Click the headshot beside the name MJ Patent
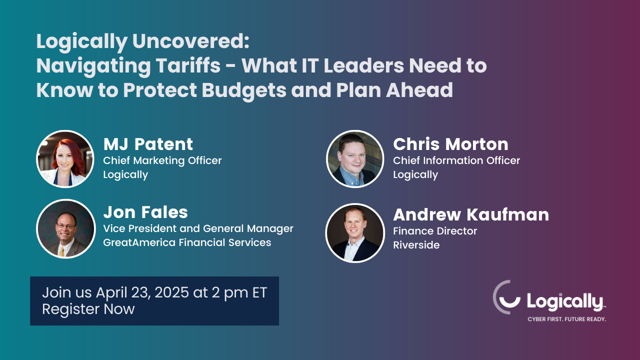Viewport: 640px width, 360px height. tap(65, 159)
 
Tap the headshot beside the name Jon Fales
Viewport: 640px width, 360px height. tap(65, 228)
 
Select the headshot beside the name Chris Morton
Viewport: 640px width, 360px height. tap(355, 159)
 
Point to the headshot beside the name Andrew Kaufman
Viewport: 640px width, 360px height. tap(354, 232)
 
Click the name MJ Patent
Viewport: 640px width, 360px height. tap(148, 144)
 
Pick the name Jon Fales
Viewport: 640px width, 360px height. tap(145, 212)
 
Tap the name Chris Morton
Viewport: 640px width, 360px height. tap(450, 144)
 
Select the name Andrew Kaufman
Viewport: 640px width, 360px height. tap(471, 215)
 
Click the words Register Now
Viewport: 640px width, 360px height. tap(88, 309)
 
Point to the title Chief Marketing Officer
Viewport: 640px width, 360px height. tap(162, 160)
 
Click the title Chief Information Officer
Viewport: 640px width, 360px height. tap(456, 160)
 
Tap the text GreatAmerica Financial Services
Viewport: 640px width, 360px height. tap(187, 242)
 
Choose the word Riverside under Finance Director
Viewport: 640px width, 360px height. tap(416, 245)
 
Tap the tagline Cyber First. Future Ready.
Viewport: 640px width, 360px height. tap(566, 319)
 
